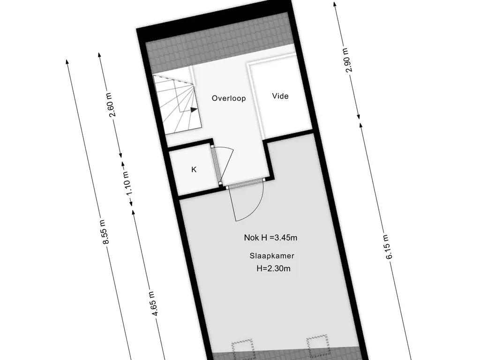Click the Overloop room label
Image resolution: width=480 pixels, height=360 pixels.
coord(229,98)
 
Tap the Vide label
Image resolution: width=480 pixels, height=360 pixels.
coord(280,96)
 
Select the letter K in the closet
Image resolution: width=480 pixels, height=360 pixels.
coord(194,169)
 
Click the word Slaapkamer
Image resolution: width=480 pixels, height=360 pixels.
coord(272,255)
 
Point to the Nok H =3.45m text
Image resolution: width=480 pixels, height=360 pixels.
coord(270,238)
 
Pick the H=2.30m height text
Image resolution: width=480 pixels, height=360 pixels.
coord(273,269)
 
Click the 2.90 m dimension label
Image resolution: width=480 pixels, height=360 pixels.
coord(348,60)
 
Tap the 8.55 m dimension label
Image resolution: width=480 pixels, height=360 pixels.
coord(105,232)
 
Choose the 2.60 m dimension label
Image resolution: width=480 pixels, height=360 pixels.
coord(112,105)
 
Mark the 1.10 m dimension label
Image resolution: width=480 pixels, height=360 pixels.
coord(127,183)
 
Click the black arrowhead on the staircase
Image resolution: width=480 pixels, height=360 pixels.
coord(194,110)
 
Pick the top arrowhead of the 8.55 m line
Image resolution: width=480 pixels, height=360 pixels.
coord(67,61)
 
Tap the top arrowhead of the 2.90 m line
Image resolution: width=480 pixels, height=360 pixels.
coord(335,5)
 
